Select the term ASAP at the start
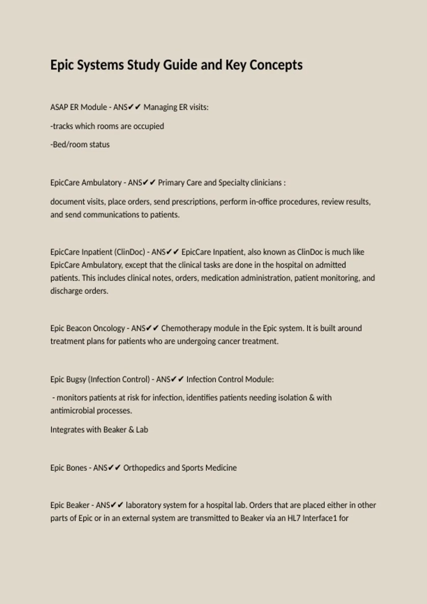pyautogui.click(x=59, y=107)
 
